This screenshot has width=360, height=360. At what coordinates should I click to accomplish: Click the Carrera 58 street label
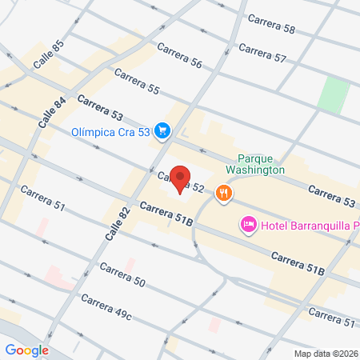271,24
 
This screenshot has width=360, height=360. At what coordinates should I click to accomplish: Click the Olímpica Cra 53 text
110,132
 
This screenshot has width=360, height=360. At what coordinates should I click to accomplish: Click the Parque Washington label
261,164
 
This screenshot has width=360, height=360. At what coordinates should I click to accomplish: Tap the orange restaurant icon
225,192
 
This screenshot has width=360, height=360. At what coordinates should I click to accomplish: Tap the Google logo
26,350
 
